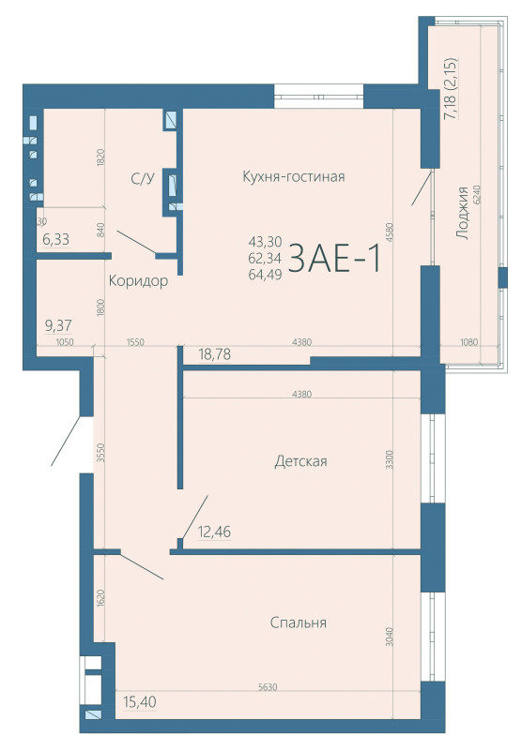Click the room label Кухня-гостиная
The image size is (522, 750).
click(294, 176)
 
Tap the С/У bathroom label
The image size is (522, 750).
click(142, 177)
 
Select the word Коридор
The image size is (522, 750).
click(138, 281)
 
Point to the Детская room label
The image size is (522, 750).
click(300, 460)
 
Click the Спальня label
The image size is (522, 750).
click(298, 622)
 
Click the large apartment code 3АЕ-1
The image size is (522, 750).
click(334, 259)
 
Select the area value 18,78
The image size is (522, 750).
click(215, 353)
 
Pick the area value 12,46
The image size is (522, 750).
click(215, 532)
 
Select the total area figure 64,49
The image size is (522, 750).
click(264, 274)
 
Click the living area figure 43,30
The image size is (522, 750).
click(264, 241)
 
